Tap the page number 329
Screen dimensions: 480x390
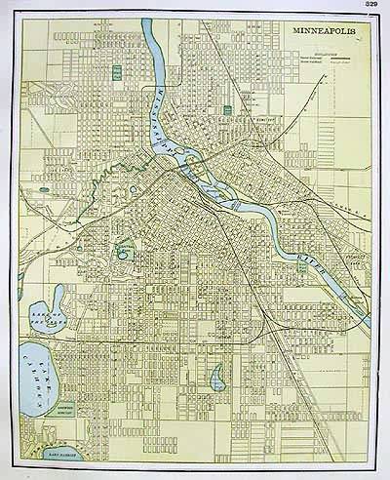click(371, 5)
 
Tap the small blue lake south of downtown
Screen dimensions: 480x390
click(217, 376)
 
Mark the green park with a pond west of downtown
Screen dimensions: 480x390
click(124, 251)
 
